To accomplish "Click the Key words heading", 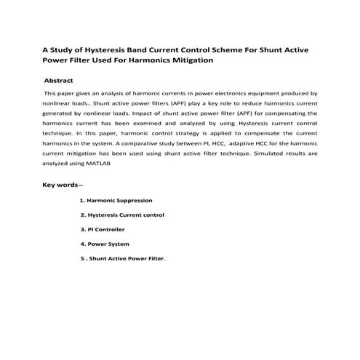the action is click(62, 185).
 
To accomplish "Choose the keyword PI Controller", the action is click(108, 230).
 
